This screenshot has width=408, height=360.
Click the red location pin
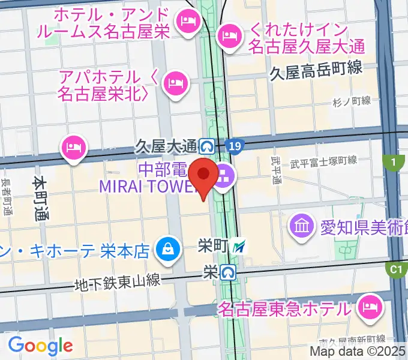pos(204,175)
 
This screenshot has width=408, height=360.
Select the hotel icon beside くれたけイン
pos(229,36)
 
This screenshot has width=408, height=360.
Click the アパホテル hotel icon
pos(175,81)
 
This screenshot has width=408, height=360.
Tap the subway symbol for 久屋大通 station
pos(208,145)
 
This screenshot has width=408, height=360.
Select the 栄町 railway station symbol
pos(240,245)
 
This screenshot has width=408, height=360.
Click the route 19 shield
pos(236,145)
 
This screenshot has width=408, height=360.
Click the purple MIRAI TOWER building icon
pos(226,176)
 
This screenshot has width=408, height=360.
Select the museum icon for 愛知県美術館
pos(301,226)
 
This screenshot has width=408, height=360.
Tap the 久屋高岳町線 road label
pos(316,69)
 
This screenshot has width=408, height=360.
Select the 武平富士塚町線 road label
pos(323,161)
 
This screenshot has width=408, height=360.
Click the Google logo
pos(40,346)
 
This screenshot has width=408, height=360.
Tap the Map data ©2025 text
pos(357,352)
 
